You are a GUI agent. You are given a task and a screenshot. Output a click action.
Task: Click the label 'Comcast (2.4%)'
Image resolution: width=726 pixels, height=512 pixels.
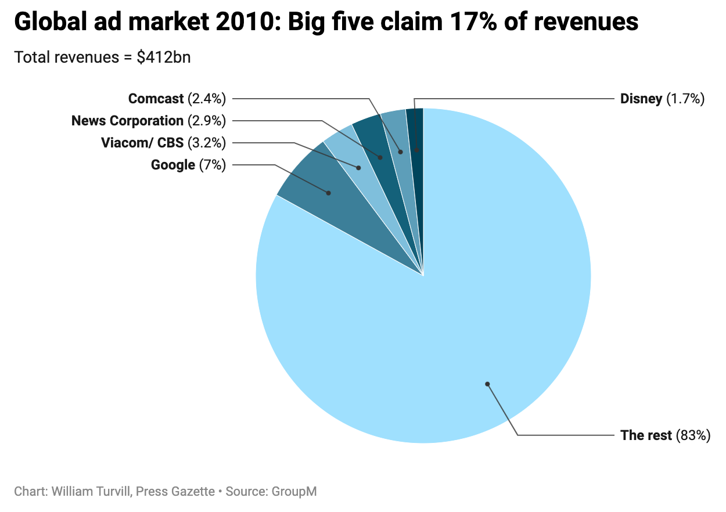point(177,99)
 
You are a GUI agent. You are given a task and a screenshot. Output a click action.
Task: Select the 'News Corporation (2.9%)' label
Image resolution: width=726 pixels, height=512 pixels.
point(149,121)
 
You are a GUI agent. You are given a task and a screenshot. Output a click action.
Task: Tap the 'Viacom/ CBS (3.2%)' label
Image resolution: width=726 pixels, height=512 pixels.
point(163,143)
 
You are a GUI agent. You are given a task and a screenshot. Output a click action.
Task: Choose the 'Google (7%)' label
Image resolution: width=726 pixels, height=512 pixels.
point(188,165)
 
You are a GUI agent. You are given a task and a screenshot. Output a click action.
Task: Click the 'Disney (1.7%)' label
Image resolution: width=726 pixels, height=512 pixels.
point(662,99)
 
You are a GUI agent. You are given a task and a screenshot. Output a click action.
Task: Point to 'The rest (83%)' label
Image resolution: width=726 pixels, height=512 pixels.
point(665,435)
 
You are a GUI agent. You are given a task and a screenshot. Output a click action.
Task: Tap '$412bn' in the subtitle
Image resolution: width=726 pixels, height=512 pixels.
point(164,57)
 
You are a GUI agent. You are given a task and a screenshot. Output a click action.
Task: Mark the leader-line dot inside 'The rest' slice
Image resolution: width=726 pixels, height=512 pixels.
point(488,384)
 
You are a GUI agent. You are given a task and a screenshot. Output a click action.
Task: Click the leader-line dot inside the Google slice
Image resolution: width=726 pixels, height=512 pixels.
point(328,193)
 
